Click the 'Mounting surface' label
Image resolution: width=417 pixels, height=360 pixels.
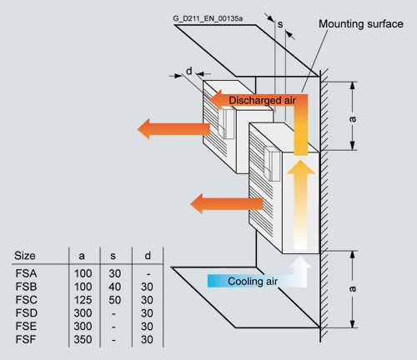361,24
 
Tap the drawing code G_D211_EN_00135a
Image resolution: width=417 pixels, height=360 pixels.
208,18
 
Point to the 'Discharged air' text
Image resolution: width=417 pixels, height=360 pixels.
262,100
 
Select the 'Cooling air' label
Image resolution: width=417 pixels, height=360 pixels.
253,281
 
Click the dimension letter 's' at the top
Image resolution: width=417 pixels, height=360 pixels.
280,24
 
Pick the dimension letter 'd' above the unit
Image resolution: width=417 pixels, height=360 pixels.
189,71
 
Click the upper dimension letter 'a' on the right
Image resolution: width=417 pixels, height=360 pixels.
353,119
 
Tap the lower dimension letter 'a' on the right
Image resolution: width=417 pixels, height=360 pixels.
353,289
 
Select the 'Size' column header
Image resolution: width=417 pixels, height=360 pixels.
25,256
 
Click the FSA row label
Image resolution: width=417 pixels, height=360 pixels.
26,273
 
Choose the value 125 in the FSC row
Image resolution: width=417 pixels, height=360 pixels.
83,300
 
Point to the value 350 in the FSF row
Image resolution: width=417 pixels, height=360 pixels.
83,339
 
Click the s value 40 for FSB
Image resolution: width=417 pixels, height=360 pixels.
114,287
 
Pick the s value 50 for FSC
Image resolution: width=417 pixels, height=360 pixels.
114,300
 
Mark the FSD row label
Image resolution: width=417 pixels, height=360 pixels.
27,313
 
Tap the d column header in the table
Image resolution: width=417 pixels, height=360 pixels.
148,256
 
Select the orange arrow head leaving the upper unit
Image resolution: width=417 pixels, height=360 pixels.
144,129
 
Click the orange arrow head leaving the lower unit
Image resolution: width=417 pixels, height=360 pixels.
197,203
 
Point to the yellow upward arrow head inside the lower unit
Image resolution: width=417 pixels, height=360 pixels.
300,167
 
